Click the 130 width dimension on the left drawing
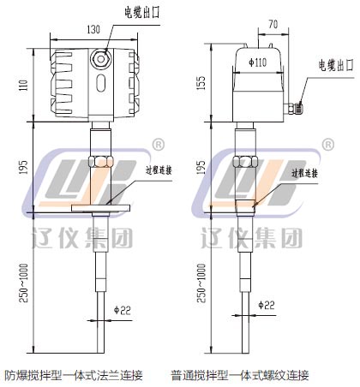click(93, 29)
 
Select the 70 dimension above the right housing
click(273, 24)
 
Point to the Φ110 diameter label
click(258, 63)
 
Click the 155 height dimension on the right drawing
click(201, 83)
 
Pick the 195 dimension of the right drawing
click(201, 167)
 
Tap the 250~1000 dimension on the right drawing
click(201, 283)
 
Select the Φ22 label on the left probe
click(123, 310)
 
